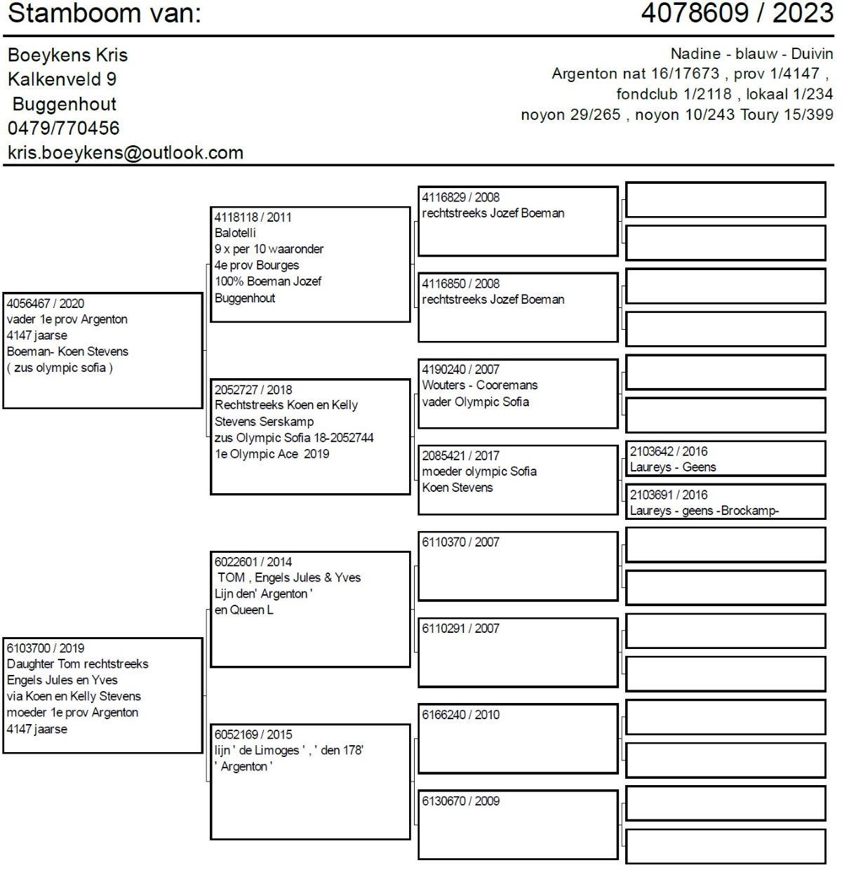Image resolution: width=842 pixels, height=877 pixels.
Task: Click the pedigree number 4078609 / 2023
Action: click(737, 13)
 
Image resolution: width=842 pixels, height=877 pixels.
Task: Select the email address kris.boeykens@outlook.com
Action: click(126, 153)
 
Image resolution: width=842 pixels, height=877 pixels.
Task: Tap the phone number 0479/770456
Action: click(64, 128)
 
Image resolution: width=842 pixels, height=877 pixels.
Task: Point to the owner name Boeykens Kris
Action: click(68, 55)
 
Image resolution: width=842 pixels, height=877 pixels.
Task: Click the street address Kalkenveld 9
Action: click(62, 79)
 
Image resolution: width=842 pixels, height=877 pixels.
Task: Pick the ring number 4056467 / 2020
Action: click(46, 304)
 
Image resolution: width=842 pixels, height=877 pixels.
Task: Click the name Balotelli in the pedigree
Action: click(236, 233)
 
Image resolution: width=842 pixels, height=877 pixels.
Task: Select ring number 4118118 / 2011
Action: click(253, 217)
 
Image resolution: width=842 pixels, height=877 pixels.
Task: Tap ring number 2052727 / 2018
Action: click(253, 390)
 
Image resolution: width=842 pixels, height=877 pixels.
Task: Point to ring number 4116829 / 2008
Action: click(461, 198)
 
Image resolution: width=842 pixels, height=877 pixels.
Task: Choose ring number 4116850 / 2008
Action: click(461, 284)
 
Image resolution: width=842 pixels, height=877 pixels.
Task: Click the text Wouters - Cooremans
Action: click(480, 385)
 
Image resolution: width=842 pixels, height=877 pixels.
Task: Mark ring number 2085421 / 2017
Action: click(461, 456)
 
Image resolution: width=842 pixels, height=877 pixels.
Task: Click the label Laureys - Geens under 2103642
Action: click(673, 467)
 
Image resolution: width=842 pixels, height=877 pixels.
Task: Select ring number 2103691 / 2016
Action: click(669, 495)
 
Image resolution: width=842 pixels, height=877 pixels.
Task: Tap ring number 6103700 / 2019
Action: click(46, 648)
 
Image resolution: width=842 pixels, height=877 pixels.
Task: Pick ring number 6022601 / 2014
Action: click(253, 562)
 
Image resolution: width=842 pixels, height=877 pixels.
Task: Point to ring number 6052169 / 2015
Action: click(253, 735)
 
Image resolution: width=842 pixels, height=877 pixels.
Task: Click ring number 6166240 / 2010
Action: click(461, 715)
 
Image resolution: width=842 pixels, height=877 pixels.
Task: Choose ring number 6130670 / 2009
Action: click(461, 801)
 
